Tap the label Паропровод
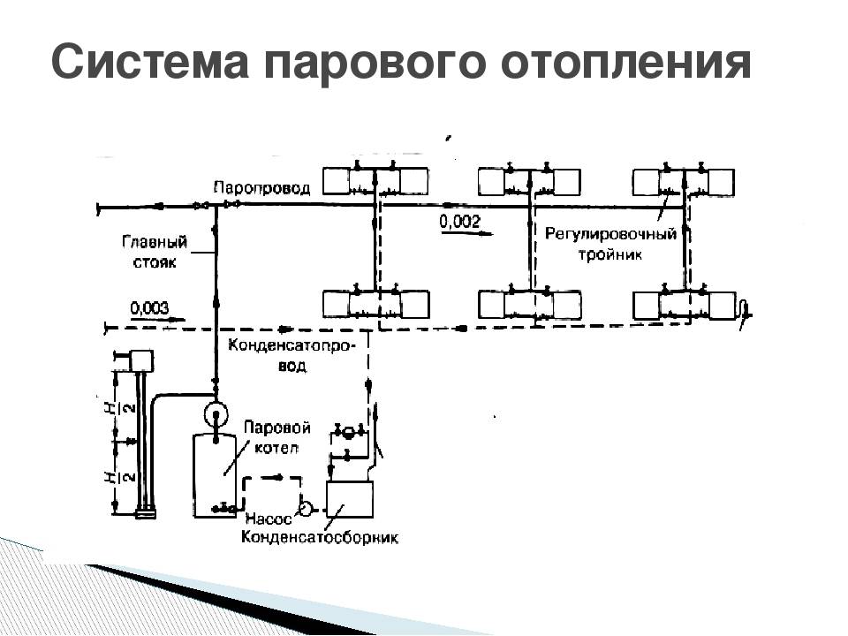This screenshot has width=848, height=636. click(x=261, y=189)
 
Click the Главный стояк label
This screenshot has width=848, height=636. click(x=155, y=252)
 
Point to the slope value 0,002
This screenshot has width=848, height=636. click(x=459, y=221)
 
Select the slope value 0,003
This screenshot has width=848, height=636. click(x=149, y=307)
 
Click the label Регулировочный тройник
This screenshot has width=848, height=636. click(x=610, y=244)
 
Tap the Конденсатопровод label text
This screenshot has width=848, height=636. click(x=292, y=355)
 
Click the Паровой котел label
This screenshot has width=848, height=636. click(x=276, y=437)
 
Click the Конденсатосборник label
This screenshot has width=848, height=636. click(x=319, y=538)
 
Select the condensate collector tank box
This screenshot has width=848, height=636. click(x=350, y=499)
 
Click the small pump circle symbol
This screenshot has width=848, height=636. click(x=306, y=509)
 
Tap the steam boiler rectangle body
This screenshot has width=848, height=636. click(x=215, y=475)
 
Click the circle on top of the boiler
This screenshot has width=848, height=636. click(x=216, y=414)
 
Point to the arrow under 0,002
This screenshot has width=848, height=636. click(x=466, y=233)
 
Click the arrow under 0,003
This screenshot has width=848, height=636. click(x=157, y=319)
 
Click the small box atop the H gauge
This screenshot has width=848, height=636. click(x=142, y=360)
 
